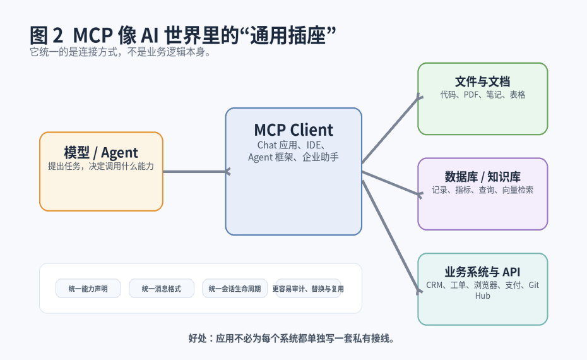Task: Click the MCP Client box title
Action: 293,130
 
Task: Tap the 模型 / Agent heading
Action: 101,152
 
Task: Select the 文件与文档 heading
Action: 482,81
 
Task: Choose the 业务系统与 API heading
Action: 482,272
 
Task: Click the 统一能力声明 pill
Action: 88,289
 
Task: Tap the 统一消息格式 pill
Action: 161,289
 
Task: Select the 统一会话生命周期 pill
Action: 234,289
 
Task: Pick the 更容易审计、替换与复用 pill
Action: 308,289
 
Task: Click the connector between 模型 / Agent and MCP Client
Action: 194,171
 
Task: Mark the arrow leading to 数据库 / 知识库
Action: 391,183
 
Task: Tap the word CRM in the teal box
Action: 435,285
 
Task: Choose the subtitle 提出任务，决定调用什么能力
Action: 101,167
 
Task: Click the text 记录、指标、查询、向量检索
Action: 482,189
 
